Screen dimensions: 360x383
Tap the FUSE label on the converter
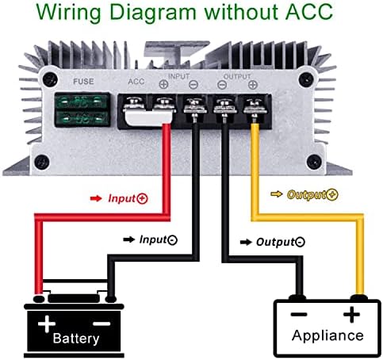click(83, 81)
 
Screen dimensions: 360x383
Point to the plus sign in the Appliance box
click(350, 315)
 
